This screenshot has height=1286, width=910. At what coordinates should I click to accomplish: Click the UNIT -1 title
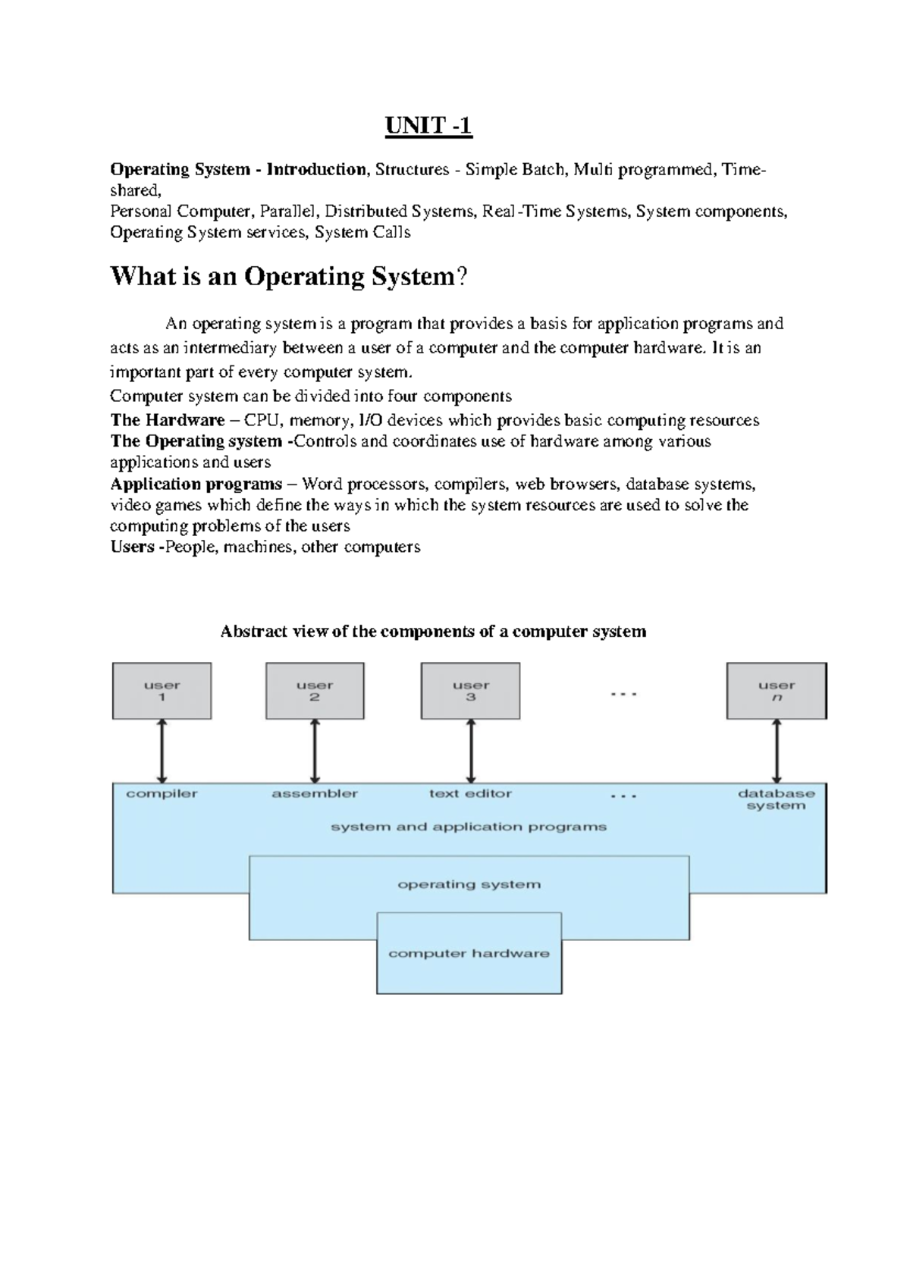click(x=428, y=126)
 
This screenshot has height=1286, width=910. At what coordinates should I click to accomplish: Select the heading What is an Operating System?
click(x=289, y=277)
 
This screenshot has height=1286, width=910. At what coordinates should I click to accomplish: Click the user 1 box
click(x=162, y=691)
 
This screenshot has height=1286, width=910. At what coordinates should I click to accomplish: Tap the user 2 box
click(x=315, y=691)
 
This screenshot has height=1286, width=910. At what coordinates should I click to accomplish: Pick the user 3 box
click(x=470, y=691)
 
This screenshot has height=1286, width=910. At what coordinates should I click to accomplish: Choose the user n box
click(x=777, y=691)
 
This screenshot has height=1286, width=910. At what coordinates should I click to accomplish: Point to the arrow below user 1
click(x=162, y=751)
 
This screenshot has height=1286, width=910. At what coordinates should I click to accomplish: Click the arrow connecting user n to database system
click(x=777, y=751)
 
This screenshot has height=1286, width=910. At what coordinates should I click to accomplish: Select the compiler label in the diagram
click(x=162, y=794)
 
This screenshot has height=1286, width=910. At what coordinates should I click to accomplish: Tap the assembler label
click(x=315, y=794)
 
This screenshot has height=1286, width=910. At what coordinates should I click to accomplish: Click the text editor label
click(x=470, y=794)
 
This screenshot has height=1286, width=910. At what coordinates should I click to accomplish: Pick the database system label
click(x=776, y=799)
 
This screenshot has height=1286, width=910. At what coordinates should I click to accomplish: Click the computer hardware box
click(x=469, y=954)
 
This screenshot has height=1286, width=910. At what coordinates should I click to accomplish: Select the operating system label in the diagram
click(x=469, y=884)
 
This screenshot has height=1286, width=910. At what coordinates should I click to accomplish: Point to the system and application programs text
click(x=469, y=826)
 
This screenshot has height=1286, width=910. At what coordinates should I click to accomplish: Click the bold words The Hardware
click(x=167, y=421)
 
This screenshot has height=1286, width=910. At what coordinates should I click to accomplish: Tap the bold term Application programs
click(x=196, y=485)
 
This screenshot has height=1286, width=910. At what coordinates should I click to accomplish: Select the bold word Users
click(x=132, y=547)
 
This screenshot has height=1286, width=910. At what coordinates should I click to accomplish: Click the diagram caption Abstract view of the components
click(x=433, y=632)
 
